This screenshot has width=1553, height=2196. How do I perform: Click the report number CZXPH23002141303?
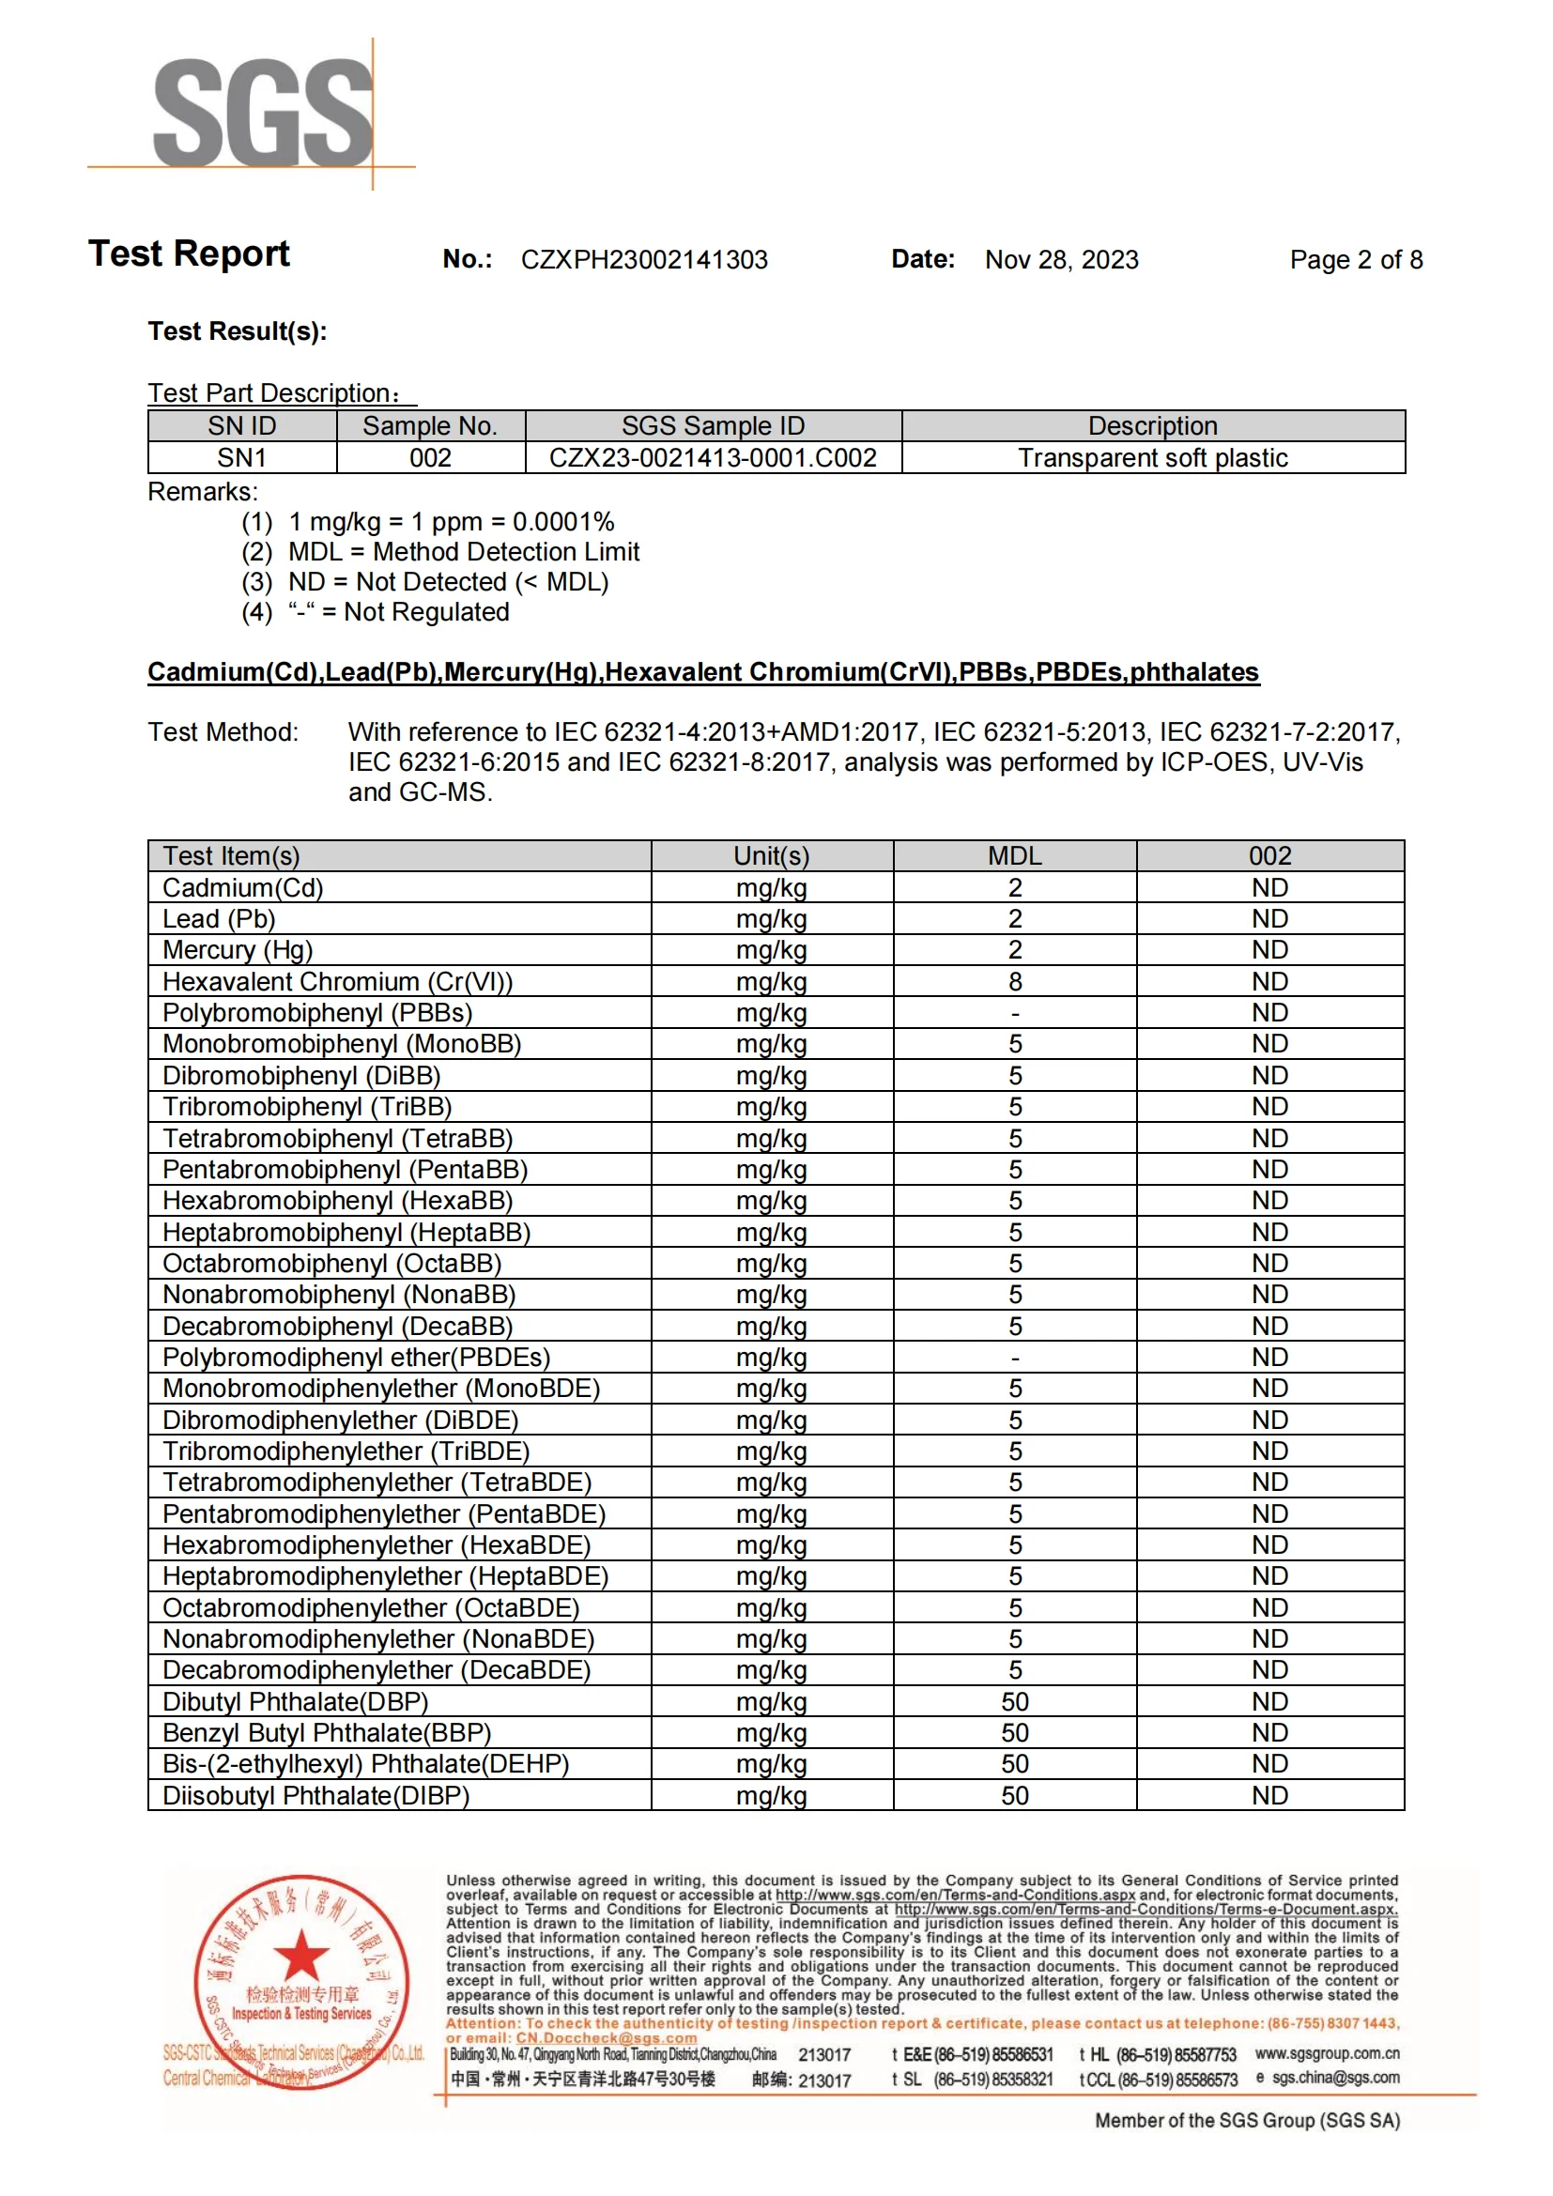[643, 260]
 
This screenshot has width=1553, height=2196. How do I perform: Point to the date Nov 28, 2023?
[1062, 260]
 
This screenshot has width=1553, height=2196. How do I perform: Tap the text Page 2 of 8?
[1355, 260]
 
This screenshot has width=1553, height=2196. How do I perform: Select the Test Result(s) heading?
[238, 331]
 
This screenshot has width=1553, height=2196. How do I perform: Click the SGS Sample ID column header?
[713, 426]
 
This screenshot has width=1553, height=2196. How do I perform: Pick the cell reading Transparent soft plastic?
[1152, 458]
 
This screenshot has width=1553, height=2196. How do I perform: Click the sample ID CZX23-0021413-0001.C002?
[713, 458]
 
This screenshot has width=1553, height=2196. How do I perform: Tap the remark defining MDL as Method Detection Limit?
[464, 552]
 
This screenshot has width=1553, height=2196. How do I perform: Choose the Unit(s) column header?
[771, 856]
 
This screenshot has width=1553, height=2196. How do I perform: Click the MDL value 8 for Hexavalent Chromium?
[1015, 981]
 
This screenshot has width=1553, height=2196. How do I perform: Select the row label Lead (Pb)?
[219, 919]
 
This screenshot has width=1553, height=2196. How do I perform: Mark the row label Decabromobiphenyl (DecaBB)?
[338, 1327]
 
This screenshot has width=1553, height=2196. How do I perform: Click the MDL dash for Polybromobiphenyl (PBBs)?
[1015, 1013]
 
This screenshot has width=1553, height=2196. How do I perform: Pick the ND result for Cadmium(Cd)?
[1269, 887]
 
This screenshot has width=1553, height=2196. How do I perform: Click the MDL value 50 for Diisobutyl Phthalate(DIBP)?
[1015, 1795]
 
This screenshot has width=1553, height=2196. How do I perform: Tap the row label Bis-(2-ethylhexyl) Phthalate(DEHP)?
[365, 1764]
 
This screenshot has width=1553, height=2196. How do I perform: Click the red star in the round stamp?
[301, 1953]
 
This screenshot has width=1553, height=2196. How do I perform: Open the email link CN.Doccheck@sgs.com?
[607, 2037]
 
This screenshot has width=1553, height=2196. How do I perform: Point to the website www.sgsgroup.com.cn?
[1327, 2052]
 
